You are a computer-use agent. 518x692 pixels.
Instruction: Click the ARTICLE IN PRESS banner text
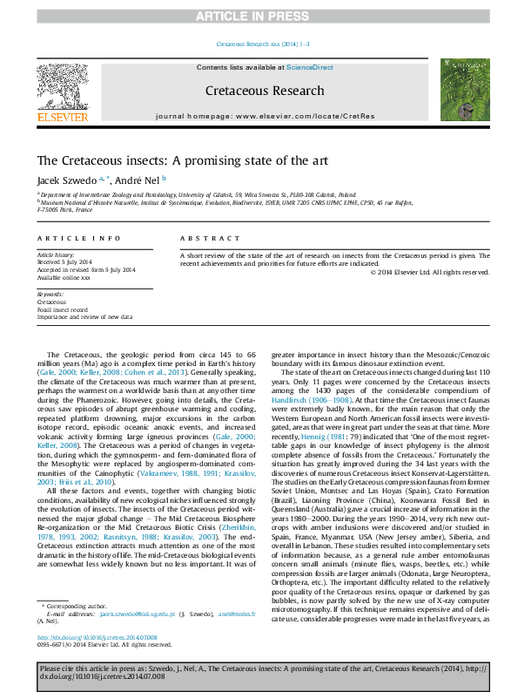tap(259, 16)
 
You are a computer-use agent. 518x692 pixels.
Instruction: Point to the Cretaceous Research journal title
tap(259, 90)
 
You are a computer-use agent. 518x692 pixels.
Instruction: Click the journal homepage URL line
tap(265, 116)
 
